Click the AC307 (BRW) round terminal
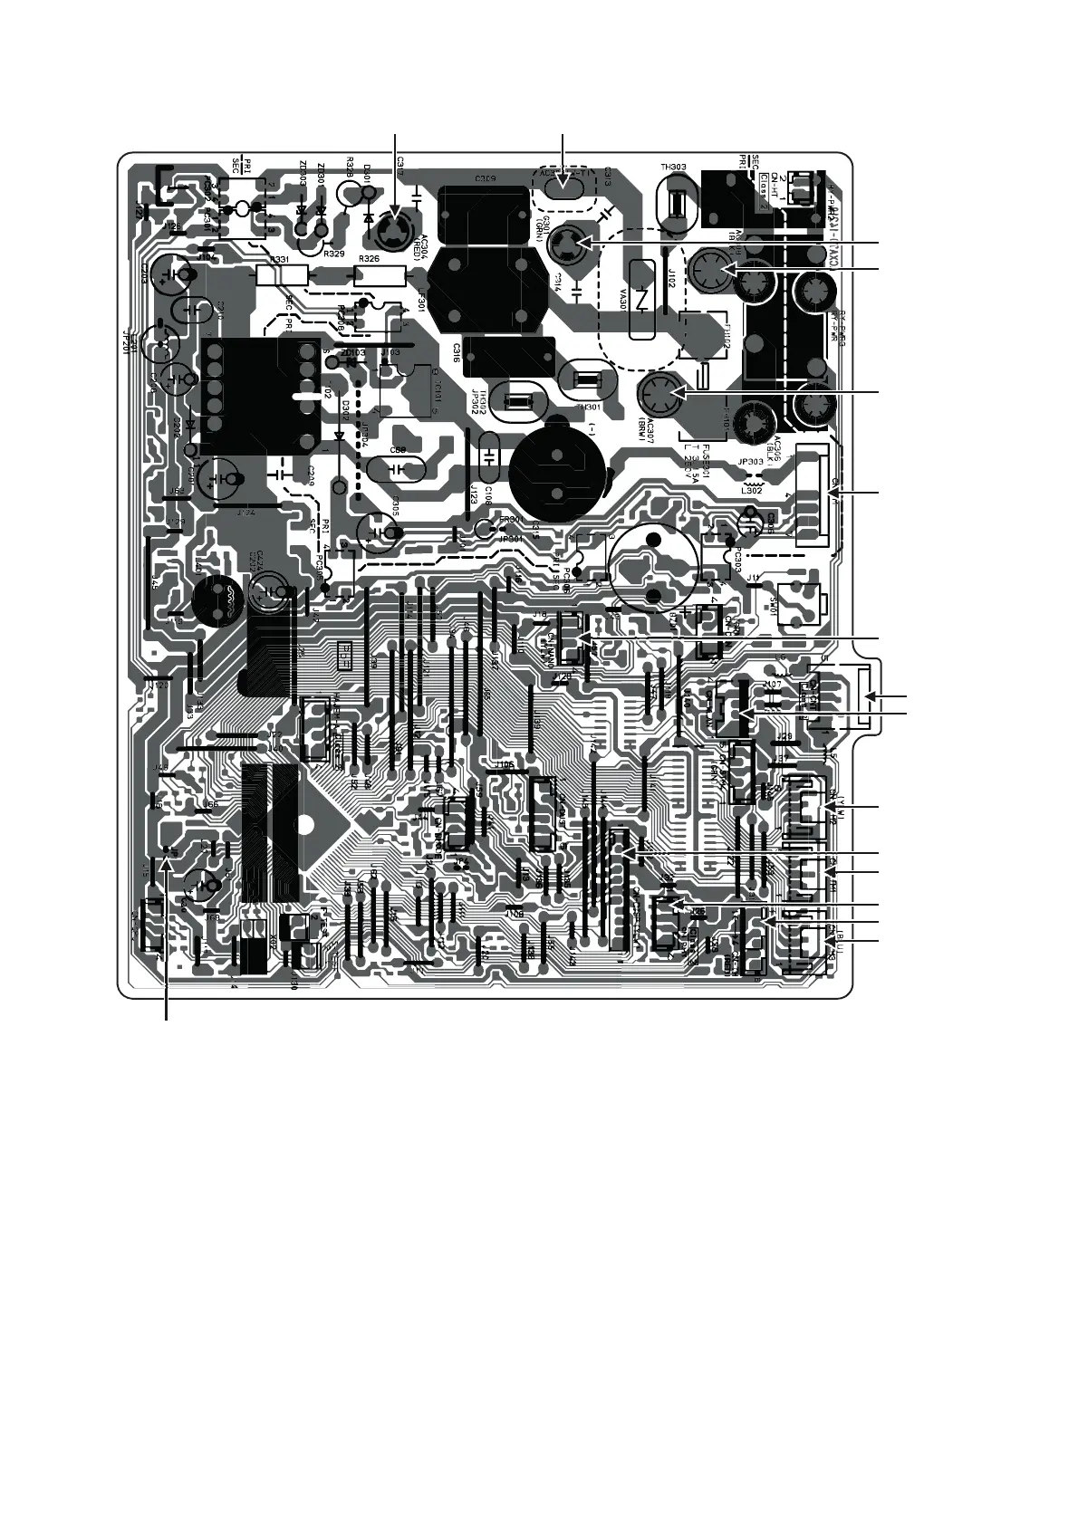(662, 395)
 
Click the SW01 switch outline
(802, 599)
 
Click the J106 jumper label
(504, 766)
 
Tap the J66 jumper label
(211, 804)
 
